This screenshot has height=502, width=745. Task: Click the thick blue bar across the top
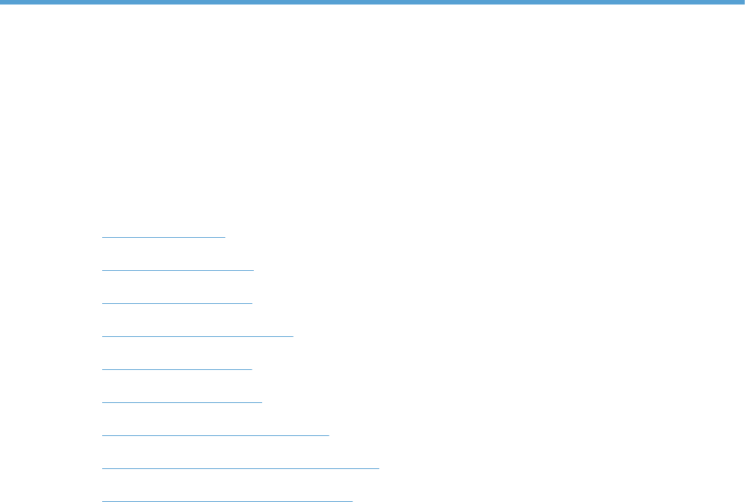pyautogui.click(x=372, y=3)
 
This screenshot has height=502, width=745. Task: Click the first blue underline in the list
pyautogui.click(x=163, y=237)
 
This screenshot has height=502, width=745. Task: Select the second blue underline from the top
pyautogui.click(x=178, y=270)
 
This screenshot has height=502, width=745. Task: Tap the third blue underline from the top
pyautogui.click(x=177, y=303)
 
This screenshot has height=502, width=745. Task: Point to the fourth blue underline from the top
pyautogui.click(x=198, y=336)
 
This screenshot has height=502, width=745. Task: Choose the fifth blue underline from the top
pyautogui.click(x=177, y=369)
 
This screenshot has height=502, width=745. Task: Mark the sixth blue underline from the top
pyautogui.click(x=182, y=402)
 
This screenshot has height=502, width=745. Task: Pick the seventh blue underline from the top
pyautogui.click(x=216, y=434)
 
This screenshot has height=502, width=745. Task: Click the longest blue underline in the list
pyautogui.click(x=240, y=467)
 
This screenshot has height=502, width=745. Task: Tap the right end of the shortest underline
pyautogui.click(x=225, y=237)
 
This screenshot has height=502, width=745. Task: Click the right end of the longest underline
pyautogui.click(x=379, y=467)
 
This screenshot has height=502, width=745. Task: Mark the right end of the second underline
pyautogui.click(x=254, y=270)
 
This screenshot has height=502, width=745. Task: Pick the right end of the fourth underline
pyautogui.click(x=293, y=336)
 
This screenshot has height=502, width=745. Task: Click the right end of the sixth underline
pyautogui.click(x=261, y=402)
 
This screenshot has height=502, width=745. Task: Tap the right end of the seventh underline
pyautogui.click(x=329, y=434)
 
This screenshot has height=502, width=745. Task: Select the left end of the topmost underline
pyautogui.click(x=102, y=237)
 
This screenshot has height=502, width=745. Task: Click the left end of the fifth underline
pyautogui.click(x=102, y=369)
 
